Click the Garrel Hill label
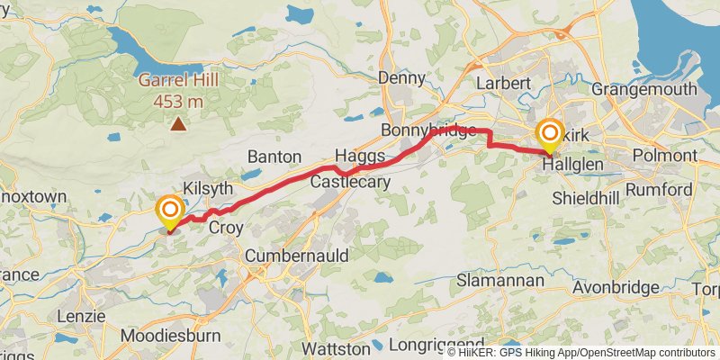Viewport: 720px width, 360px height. click(178, 80)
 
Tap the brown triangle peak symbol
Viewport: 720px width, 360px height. click(179, 124)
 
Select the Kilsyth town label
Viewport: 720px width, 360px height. click(208, 189)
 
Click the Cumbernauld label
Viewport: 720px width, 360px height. click(298, 256)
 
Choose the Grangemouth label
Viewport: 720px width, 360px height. click(645, 89)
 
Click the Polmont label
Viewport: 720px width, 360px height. click(665, 156)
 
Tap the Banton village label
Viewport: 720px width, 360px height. click(273, 157)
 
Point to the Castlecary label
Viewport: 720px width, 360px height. click(350, 182)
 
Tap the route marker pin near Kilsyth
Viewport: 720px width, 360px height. click(169, 213)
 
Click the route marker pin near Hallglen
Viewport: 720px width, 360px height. click(550, 137)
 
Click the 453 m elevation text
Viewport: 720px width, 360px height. click(178, 101)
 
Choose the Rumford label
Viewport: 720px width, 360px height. click(659, 190)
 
